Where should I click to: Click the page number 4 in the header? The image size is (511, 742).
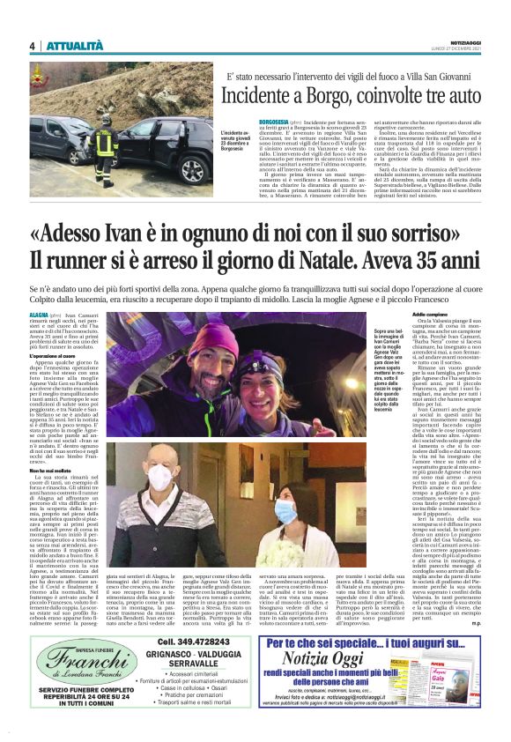point(32,46)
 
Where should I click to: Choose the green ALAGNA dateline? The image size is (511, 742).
point(39,314)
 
